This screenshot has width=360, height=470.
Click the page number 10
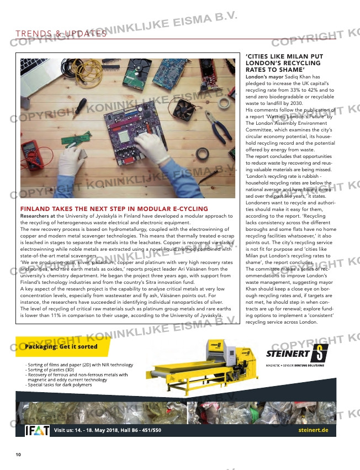18,455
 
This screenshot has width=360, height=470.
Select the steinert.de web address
313,430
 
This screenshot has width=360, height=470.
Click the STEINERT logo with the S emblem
297,353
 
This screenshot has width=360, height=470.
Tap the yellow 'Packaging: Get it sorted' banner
61,346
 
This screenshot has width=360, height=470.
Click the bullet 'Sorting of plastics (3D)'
51,369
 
